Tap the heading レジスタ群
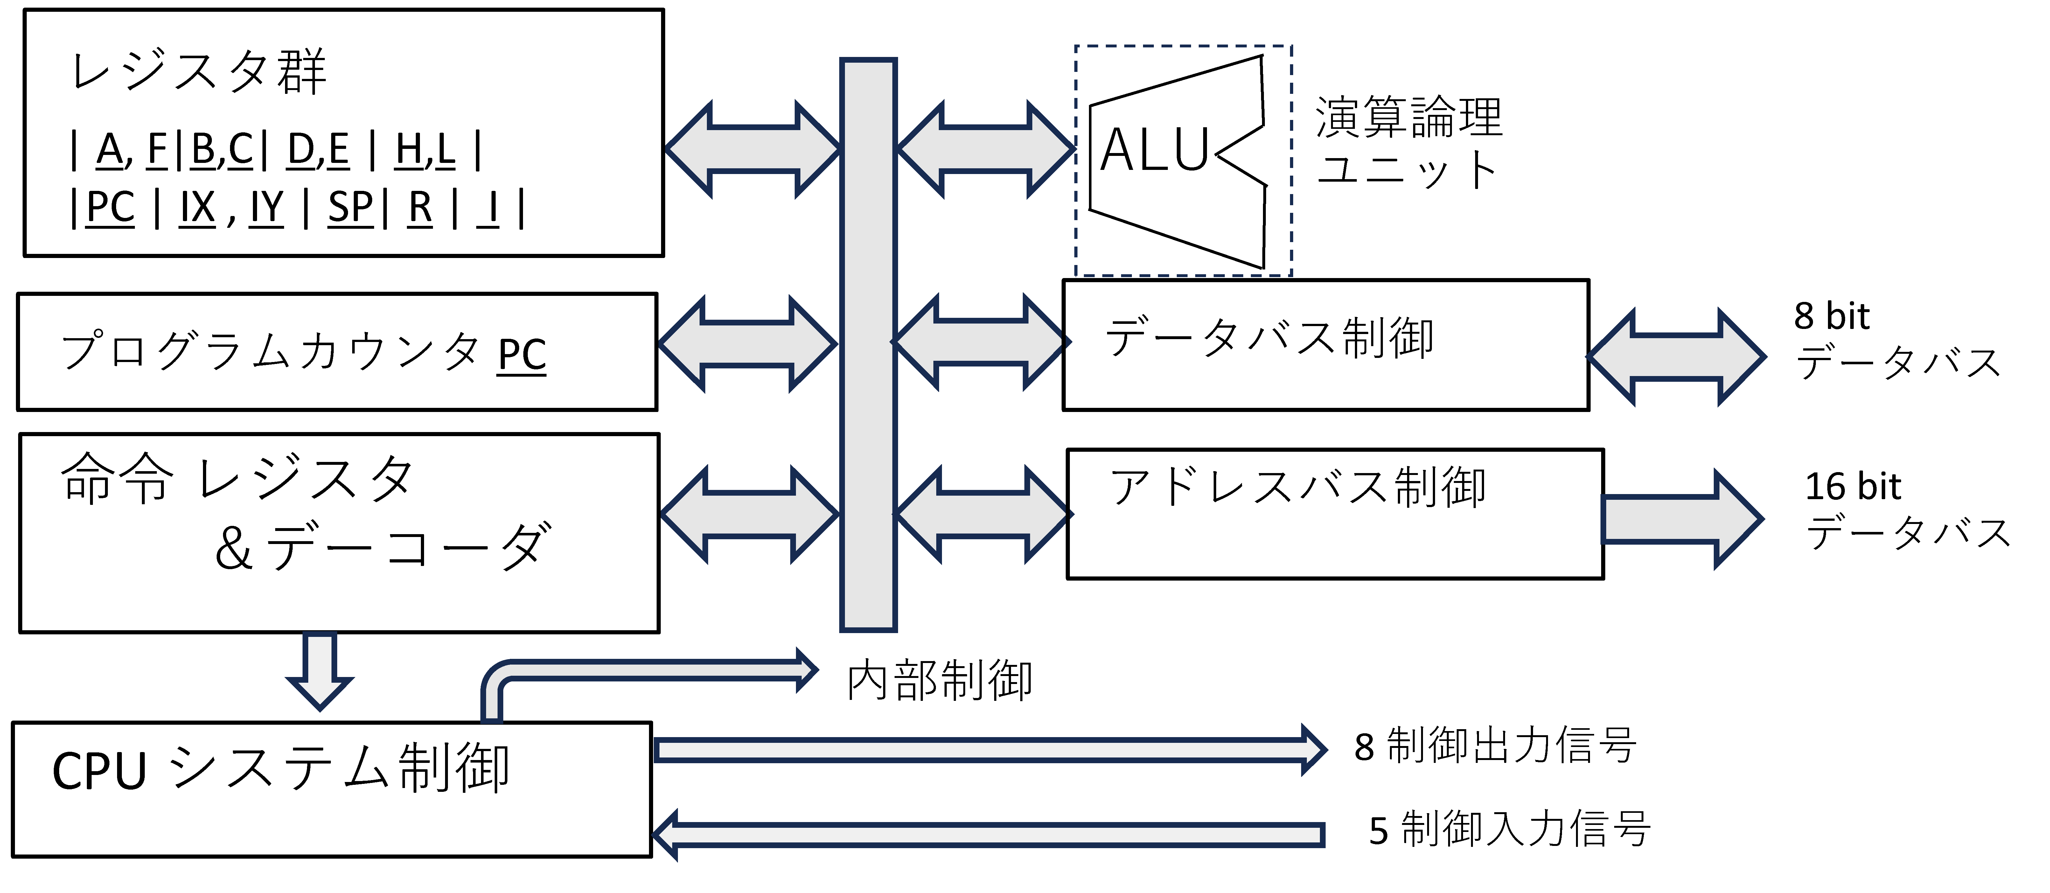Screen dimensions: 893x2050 199,72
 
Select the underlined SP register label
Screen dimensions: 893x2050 350,208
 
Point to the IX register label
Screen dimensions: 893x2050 197,208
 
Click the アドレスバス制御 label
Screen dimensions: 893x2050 1297,487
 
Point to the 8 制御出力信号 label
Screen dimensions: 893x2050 1495,747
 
